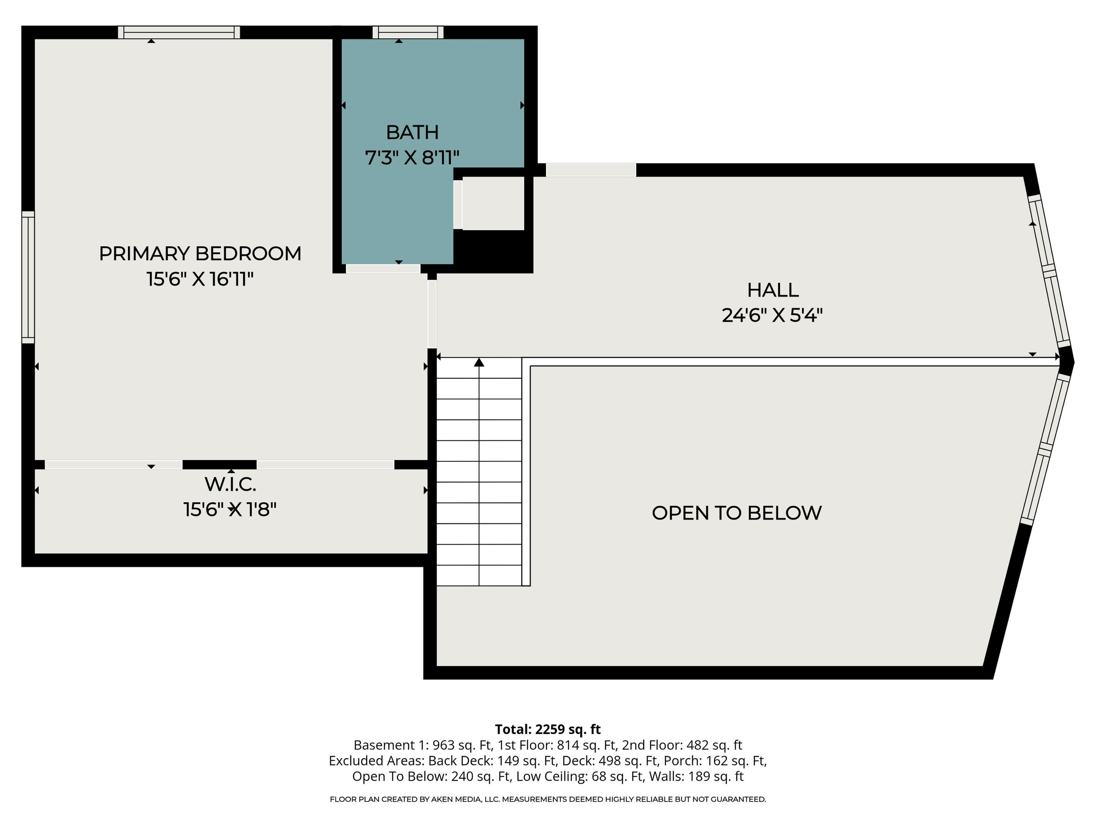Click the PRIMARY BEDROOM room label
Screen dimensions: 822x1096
pos(200,254)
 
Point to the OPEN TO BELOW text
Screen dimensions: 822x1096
pos(736,513)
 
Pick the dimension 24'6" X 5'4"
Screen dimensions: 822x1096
pos(772,316)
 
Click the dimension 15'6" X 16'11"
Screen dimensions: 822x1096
pos(200,279)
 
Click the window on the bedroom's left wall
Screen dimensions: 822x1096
pos(28,277)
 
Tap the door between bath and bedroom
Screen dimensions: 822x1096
pos(383,269)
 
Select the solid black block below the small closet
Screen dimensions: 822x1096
pos(493,250)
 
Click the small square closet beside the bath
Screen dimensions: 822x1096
pos(493,203)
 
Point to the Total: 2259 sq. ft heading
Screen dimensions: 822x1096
pos(548,729)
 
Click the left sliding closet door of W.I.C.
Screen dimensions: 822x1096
pos(114,465)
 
